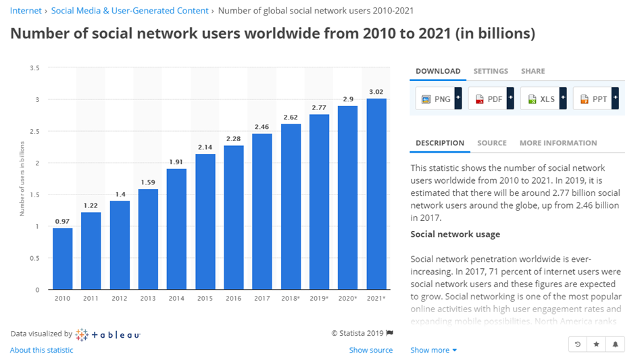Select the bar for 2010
[62, 259]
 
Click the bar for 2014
[176, 229]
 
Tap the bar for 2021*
[376, 194]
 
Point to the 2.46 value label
[262, 126]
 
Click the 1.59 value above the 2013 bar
[148, 182]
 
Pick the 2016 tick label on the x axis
[233, 298]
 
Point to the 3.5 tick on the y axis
[34, 68]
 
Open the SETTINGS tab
[491, 71]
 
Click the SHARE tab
[533, 71]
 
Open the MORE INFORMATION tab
[558, 143]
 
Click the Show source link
[370, 350]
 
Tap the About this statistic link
[41, 350]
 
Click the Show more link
[433, 350]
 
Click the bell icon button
[616, 344]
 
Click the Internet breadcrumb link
[26, 11]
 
